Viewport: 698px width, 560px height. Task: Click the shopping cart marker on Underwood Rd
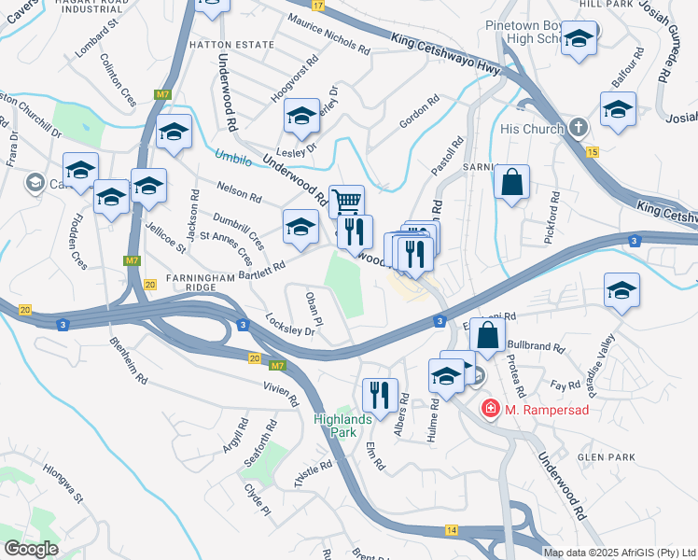(x=346, y=201)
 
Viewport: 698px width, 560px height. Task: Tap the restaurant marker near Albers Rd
(x=380, y=394)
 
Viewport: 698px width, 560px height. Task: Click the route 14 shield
(x=452, y=529)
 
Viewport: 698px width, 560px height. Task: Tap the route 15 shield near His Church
(x=592, y=151)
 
